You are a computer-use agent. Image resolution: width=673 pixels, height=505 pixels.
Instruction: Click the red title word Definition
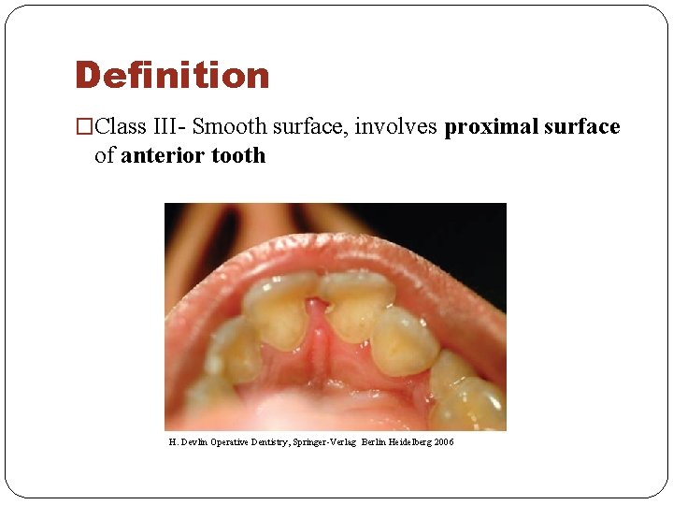[172, 76]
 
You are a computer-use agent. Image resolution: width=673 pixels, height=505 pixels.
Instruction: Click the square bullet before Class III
[84, 127]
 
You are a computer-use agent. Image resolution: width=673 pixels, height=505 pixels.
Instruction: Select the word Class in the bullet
[121, 126]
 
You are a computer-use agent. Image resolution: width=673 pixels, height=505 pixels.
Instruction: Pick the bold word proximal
[490, 126]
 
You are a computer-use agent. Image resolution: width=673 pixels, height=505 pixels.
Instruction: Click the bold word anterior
[164, 155]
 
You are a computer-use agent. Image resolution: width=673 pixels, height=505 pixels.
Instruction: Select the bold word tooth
[238, 155]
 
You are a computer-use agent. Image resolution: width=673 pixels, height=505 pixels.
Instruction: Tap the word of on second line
[105, 155]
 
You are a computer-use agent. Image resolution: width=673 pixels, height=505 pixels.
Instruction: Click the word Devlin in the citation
[193, 442]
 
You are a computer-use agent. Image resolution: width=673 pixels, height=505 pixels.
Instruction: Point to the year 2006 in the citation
[443, 442]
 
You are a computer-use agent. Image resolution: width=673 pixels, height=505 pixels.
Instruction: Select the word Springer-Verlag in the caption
[327, 442]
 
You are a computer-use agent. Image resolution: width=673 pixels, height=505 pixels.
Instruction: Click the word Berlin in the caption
[374, 442]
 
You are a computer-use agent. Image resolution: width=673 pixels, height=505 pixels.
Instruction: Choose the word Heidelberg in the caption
[409, 442]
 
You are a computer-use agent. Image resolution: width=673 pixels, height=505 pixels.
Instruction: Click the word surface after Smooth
[309, 126]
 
